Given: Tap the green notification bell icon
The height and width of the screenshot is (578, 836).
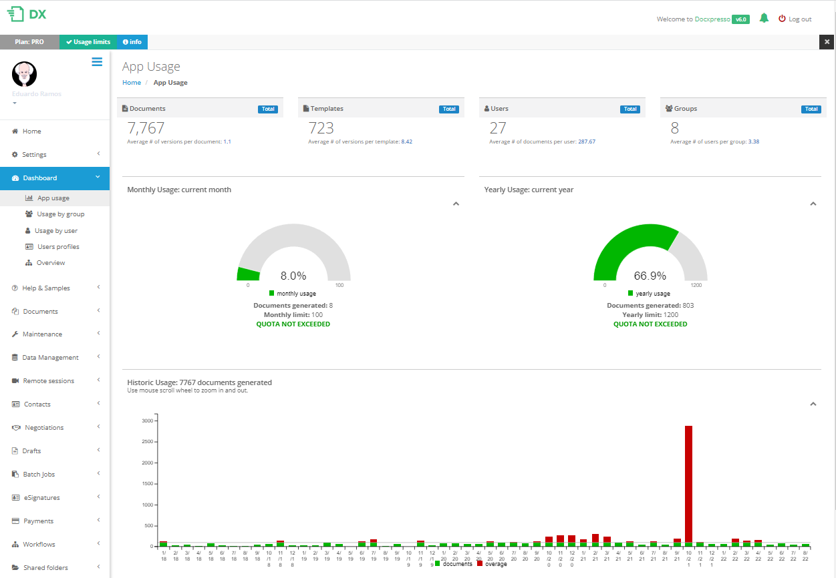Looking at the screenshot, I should click(764, 19).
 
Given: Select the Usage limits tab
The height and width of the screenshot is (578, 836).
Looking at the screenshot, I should click(88, 42).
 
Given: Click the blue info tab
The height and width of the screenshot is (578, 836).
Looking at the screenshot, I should click(132, 42).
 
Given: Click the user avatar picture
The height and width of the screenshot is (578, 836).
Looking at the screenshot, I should click(25, 74).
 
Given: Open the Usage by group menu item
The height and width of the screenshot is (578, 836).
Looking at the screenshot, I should click(60, 214).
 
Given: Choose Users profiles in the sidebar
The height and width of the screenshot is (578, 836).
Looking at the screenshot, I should click(58, 247).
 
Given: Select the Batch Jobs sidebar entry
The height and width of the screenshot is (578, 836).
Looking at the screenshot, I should click(39, 475).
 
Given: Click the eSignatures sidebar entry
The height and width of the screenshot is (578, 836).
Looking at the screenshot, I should click(41, 498).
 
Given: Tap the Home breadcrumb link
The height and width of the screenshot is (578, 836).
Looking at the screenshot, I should click(132, 83).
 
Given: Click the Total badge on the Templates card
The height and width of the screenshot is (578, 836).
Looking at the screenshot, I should click(449, 109).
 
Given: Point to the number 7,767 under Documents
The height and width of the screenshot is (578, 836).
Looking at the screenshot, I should click(146, 128).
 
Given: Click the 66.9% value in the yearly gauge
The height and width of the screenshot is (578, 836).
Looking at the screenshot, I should click(650, 276).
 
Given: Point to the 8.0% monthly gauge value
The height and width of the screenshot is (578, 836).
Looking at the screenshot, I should click(293, 276).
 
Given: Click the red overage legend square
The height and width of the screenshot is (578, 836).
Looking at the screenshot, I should click(480, 564).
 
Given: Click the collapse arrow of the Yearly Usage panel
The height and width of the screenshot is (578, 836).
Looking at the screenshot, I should click(813, 204).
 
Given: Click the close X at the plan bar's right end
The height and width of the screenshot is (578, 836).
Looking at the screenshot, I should click(827, 42).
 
